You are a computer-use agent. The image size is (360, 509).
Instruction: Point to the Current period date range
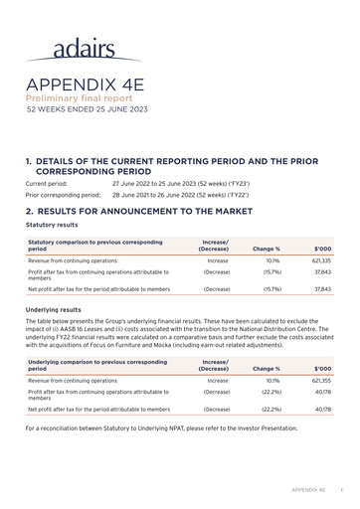click(x=180, y=184)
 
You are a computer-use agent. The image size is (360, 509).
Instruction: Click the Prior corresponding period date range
click(x=180, y=195)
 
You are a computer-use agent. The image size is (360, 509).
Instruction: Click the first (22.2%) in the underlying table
click(x=271, y=392)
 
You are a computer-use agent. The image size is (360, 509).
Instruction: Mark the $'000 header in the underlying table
click(x=322, y=369)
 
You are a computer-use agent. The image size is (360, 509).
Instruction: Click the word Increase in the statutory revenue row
click(x=217, y=259)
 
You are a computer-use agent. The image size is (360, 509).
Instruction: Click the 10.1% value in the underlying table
click(x=272, y=381)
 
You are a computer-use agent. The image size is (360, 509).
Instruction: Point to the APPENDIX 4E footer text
click(x=308, y=490)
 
